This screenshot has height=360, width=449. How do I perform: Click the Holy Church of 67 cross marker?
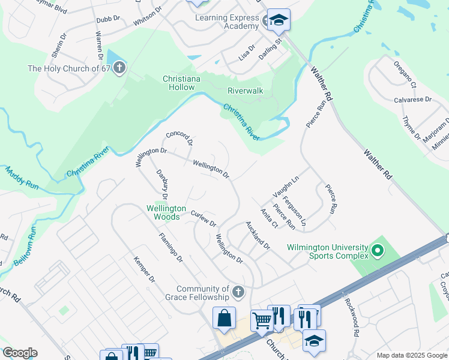tap(119, 68)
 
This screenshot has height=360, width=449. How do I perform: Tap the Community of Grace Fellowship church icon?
tap(238, 292)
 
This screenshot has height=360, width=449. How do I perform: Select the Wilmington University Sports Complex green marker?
tap(377, 250)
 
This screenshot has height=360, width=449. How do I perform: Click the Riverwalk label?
tap(245, 91)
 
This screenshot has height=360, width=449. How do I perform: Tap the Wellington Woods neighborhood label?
tap(163, 212)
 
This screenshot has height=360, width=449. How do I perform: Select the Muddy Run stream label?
tap(22, 179)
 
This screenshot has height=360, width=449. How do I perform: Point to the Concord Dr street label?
tap(179, 139)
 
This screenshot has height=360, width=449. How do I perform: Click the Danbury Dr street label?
tap(161, 184)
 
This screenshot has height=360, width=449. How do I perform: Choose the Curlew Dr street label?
tap(203, 218)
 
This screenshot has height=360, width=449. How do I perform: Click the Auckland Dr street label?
tap(258, 235)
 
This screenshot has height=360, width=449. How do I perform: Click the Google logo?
tap(20, 353)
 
